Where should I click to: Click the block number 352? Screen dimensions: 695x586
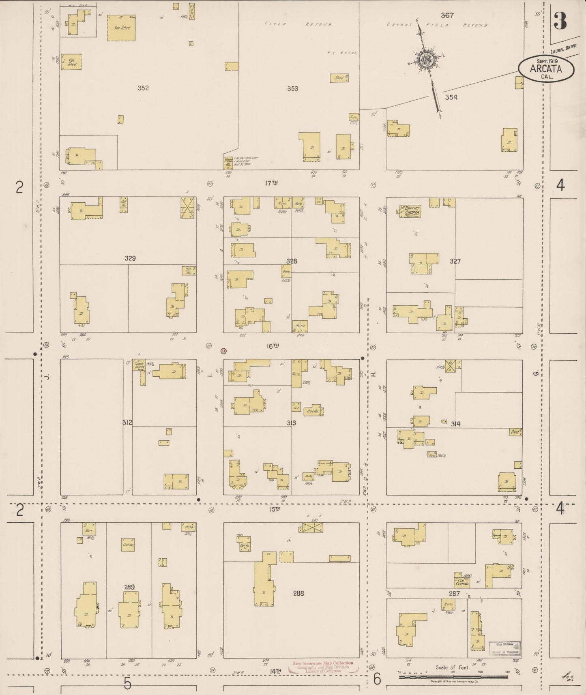[143, 88]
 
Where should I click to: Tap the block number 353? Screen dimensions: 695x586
[292, 88]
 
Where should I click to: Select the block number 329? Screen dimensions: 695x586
[130, 258]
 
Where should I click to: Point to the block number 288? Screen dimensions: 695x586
[298, 593]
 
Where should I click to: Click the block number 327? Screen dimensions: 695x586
[455, 262]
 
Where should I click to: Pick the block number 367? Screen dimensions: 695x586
[447, 15]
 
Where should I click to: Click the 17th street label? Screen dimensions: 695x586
[271, 183]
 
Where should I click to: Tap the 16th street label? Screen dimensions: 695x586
[273, 346]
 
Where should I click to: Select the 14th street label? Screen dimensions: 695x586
[275, 671]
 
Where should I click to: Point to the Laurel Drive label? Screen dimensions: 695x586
[563, 49]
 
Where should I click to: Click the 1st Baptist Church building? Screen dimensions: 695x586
[410, 211]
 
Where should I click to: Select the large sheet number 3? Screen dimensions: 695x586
[560, 21]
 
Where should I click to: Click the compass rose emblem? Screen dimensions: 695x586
[427, 60]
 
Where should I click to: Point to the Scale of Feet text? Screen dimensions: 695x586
[452, 667]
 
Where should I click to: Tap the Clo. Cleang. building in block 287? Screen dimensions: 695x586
[462, 580]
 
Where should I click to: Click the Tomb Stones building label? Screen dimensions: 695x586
[140, 366]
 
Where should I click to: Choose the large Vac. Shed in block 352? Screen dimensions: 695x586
[121, 28]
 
